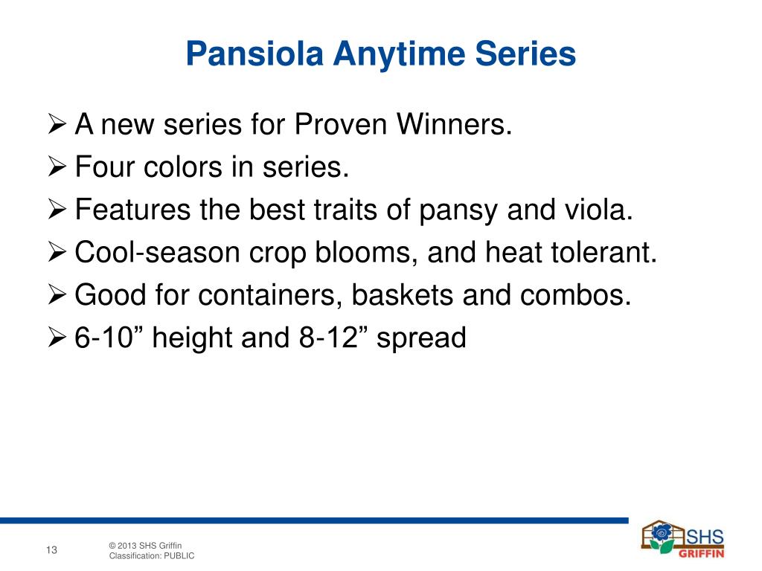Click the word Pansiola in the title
254,54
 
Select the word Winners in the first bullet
455,124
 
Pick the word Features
132,209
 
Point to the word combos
575,294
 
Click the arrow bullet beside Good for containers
57,295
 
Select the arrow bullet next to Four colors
57,167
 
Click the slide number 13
51,550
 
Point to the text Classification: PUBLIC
152,556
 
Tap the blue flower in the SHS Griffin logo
662,534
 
